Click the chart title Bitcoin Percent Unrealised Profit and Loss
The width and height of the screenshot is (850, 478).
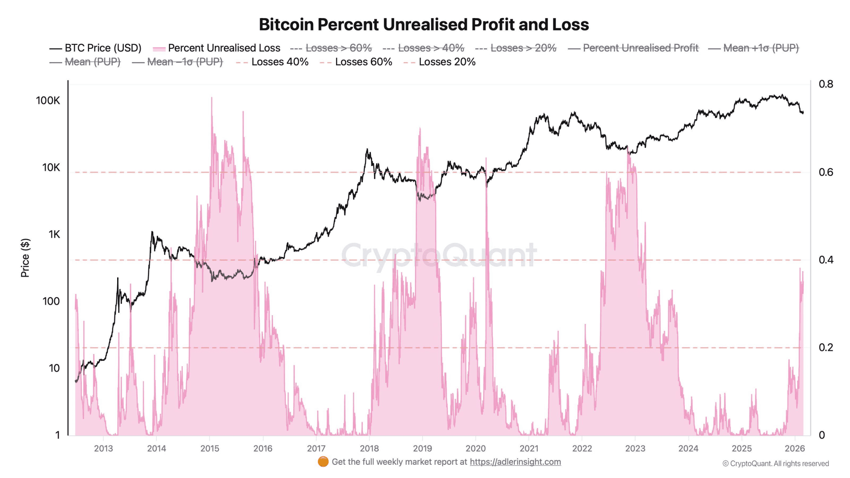pyautogui.click(x=423, y=25)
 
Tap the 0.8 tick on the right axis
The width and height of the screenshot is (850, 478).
pyautogui.click(x=825, y=84)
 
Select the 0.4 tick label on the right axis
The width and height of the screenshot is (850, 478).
pyautogui.click(x=825, y=260)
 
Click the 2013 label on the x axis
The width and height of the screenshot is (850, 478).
pyautogui.click(x=103, y=449)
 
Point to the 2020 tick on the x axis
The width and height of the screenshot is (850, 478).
pyautogui.click(x=475, y=449)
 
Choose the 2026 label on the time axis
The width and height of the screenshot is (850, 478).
pyautogui.click(x=795, y=449)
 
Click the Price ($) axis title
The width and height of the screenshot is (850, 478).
pyautogui.click(x=25, y=258)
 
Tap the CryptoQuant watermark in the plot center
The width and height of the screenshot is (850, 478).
pyautogui.click(x=439, y=255)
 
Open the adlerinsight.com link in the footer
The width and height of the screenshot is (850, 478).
pyautogui.click(x=515, y=462)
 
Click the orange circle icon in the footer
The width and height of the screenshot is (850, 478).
pyautogui.click(x=323, y=462)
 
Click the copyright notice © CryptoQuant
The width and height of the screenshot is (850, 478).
pyautogui.click(x=775, y=463)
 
